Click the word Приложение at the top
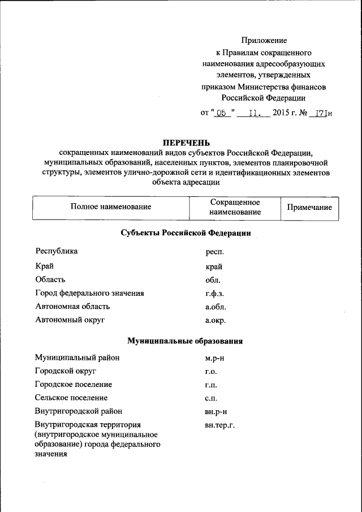click(264, 40)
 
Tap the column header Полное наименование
click(111, 207)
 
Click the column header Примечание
click(309, 207)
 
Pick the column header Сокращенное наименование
click(235, 207)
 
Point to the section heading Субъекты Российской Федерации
click(186, 233)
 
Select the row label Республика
click(57, 251)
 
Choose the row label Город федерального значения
click(89, 293)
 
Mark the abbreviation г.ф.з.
click(215, 294)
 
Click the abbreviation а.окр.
click(216, 321)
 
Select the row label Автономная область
click(72, 307)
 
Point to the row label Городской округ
click(65, 371)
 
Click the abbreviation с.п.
click(211, 398)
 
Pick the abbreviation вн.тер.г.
click(219, 425)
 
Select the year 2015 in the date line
click(281, 113)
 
